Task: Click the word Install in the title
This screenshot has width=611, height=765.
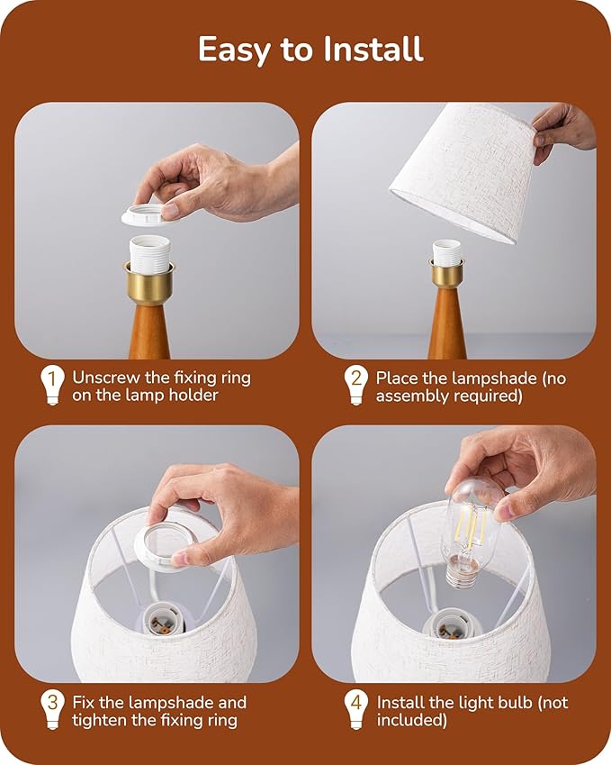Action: (373, 50)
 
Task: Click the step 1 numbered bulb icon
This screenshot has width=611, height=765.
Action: (52, 385)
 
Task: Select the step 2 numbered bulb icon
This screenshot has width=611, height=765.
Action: (356, 385)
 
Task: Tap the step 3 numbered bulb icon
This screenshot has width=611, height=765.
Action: (52, 709)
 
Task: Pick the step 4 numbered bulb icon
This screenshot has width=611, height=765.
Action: (356, 709)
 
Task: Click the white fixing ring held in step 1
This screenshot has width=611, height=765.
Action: (146, 214)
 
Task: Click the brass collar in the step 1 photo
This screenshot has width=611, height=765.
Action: (149, 283)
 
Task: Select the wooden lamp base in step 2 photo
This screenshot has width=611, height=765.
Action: (447, 322)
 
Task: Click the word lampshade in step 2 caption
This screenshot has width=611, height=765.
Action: (495, 378)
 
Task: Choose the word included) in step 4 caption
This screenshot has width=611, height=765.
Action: (412, 720)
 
